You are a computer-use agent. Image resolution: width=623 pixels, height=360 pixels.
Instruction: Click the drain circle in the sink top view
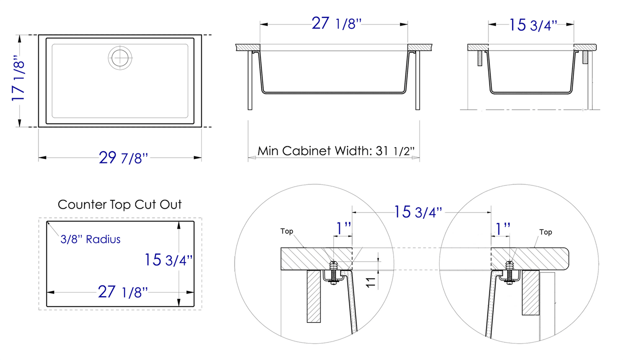pyautogui.click(x=121, y=57)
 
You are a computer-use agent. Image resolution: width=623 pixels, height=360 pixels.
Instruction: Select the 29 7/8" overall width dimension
pyautogui.click(x=123, y=158)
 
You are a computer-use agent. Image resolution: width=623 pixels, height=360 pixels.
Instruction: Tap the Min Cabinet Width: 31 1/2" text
pyautogui.click(x=336, y=151)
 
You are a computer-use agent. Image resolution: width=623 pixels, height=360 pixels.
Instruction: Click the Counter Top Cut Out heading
pyautogui.click(x=120, y=204)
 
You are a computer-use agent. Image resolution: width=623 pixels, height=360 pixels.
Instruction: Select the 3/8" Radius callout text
pyautogui.click(x=90, y=239)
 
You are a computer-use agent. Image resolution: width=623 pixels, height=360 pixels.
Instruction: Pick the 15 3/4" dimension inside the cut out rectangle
pyautogui.click(x=168, y=260)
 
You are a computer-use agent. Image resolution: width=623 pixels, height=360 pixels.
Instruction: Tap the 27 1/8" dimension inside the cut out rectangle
pyautogui.click(x=123, y=292)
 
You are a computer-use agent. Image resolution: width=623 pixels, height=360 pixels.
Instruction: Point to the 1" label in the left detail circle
pyautogui.click(x=343, y=229)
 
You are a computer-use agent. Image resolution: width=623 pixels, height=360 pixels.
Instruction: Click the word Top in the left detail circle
pyautogui.click(x=287, y=232)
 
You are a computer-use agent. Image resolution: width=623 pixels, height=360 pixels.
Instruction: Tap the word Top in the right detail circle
pyautogui.click(x=545, y=232)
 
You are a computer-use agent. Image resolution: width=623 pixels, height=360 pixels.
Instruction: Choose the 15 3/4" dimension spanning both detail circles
pyautogui.click(x=418, y=212)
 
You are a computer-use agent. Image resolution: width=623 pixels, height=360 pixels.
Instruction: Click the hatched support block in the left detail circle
pyautogui.click(x=313, y=296)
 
